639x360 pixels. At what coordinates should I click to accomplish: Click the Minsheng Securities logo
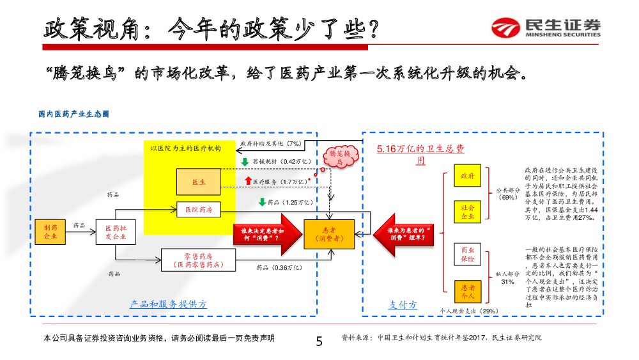click(x=546, y=28)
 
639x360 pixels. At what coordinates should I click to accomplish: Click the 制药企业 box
click(x=50, y=231)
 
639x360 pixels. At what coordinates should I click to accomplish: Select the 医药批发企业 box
click(x=116, y=231)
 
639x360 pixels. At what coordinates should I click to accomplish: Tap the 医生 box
click(x=199, y=182)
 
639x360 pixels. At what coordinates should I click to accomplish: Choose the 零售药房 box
click(x=198, y=259)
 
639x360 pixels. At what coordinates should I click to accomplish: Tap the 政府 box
click(x=467, y=176)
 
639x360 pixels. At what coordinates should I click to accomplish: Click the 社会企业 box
click(x=467, y=212)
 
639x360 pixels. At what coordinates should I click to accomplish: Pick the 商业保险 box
click(x=467, y=254)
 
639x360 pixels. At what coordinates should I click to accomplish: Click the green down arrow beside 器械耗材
click(x=245, y=162)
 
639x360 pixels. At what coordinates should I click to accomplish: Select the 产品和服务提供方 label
click(x=168, y=304)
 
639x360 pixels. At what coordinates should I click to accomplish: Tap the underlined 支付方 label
click(x=403, y=305)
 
